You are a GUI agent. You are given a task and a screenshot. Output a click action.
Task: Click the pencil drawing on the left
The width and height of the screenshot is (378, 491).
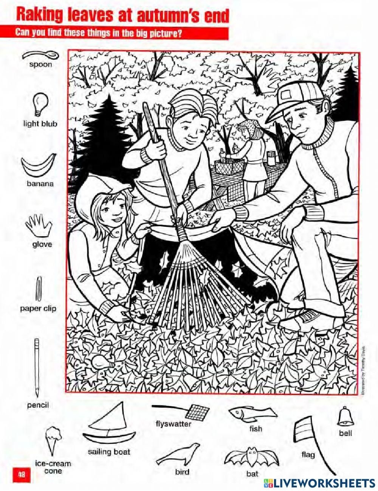click(x=37, y=367)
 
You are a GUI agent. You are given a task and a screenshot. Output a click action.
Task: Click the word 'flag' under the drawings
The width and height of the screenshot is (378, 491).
click(x=308, y=454)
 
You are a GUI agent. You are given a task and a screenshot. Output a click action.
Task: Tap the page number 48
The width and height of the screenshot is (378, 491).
click(x=21, y=474)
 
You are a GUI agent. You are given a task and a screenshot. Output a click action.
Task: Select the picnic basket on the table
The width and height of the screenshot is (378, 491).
click(x=226, y=166)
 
